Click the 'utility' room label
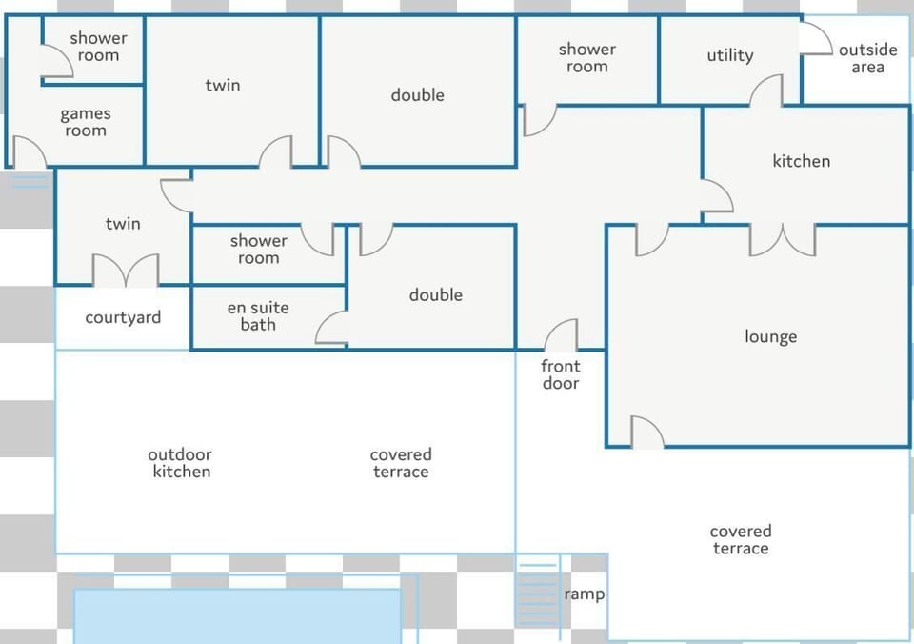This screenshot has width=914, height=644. point(730,55)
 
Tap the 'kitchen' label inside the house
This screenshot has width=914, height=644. point(802,161)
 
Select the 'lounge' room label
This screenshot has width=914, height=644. point(770,337)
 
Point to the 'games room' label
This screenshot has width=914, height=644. point(86,122)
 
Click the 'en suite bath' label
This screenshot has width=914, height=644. point(258,316)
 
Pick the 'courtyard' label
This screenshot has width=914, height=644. point(123,318)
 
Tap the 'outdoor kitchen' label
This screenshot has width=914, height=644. point(180,463)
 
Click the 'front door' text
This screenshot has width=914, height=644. point(560,374)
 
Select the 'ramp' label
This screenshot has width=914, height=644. point(584,594)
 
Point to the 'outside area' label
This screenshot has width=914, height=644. point(868,58)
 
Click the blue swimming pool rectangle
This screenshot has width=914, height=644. point(237,616)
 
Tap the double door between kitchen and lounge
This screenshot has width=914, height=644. point(783,240)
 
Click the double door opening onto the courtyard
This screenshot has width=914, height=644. point(126,271)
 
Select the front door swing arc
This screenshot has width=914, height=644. point(561,334)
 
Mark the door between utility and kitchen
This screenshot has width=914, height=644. point(765,91)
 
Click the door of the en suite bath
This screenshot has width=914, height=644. point(331,328)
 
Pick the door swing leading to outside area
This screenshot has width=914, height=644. point(817,37)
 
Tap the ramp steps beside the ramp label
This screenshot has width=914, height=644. point(537,594)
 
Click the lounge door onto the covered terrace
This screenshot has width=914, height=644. point(647,433)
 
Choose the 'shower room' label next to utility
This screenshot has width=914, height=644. point(587,58)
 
